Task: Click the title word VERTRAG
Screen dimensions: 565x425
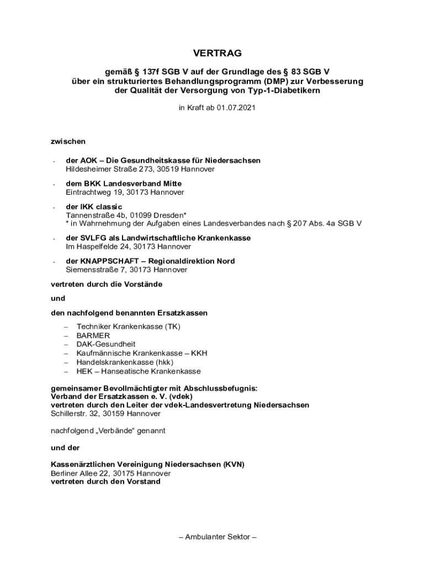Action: click(217, 53)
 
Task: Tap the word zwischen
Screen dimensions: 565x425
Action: click(68, 142)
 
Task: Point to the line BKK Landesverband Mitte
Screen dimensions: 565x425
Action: click(124, 183)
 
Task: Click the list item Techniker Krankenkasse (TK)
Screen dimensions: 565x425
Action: click(129, 327)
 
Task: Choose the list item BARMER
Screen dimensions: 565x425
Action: click(93, 335)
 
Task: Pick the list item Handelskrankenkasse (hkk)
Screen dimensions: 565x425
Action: click(125, 362)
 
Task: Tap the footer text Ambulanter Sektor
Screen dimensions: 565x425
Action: click(217, 536)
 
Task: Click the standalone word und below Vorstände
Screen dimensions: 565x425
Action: click(58, 298)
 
